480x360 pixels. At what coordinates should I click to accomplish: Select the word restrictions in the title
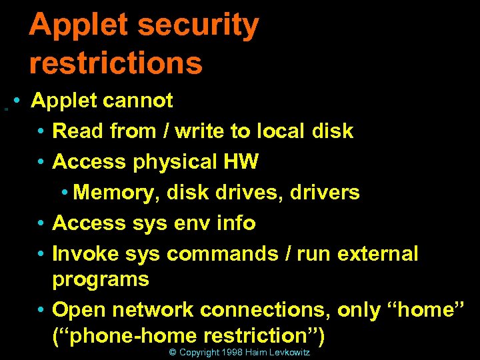click(115, 63)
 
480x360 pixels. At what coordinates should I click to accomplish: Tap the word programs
click(100, 279)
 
